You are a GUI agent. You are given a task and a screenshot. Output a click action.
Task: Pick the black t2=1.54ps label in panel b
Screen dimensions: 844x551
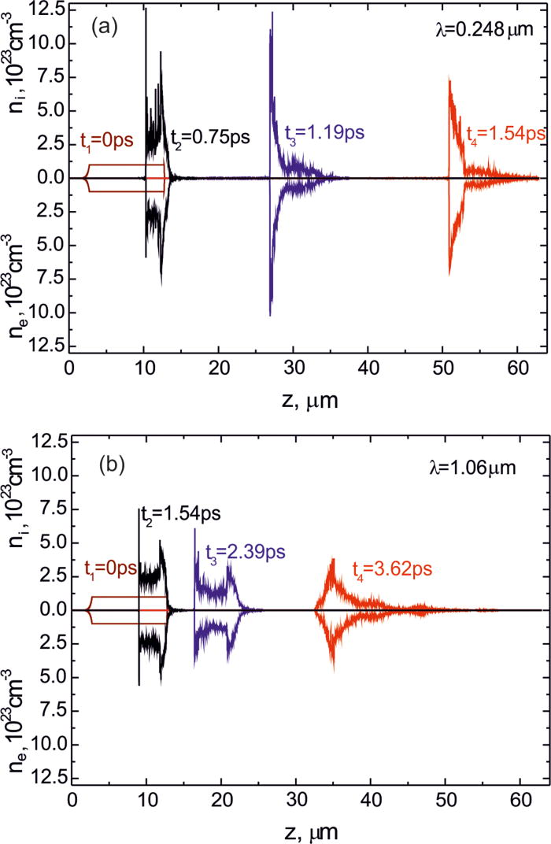pyautogui.click(x=181, y=492)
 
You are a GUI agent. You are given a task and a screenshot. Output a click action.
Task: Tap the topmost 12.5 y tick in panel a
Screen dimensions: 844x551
pyautogui.click(x=53, y=9)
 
